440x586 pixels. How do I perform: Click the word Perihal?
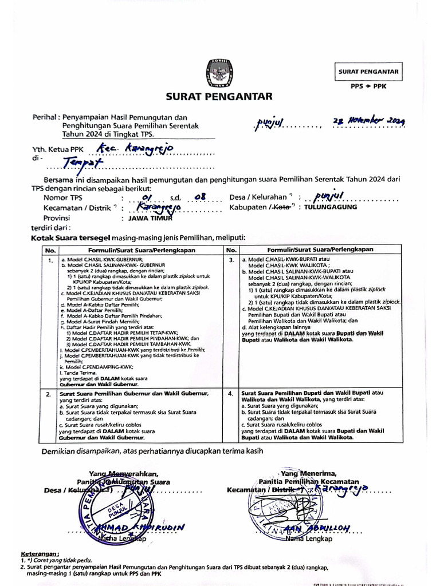tap(45, 116)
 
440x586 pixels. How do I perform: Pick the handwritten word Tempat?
tap(81, 164)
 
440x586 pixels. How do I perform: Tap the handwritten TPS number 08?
tap(200, 198)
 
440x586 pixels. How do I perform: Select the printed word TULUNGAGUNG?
tap(331, 207)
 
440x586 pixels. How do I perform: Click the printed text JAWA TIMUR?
tap(147, 218)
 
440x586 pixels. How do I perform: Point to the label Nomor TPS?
tap(62, 198)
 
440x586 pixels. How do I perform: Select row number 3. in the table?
tap(231, 260)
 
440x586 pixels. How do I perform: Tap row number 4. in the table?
tap(231, 394)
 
